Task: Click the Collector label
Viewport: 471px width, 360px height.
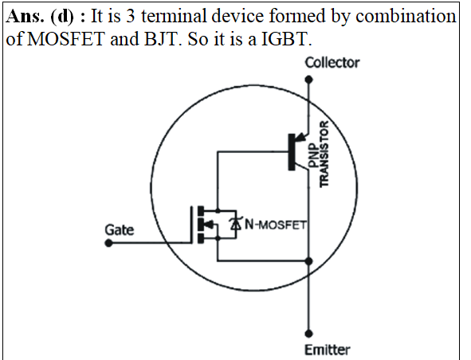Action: click(332, 63)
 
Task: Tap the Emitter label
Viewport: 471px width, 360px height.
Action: click(327, 350)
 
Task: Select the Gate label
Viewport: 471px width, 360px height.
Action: click(120, 230)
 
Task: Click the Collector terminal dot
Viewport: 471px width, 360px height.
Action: click(308, 80)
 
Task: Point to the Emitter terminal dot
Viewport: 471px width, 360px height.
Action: click(308, 333)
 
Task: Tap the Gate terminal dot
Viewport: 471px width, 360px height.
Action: click(108, 243)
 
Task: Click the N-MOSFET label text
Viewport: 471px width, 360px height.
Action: click(276, 225)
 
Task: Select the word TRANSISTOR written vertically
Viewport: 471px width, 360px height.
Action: click(324, 154)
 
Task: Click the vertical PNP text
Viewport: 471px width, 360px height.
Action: click(312, 155)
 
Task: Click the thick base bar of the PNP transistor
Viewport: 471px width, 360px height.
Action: click(292, 152)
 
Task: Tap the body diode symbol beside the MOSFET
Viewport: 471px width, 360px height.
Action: click(236, 224)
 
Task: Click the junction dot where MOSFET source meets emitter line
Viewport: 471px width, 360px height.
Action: click(308, 261)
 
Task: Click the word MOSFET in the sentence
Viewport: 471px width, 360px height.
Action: click(66, 39)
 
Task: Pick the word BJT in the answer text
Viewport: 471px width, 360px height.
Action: click(162, 39)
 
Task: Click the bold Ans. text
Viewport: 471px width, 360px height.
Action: click(25, 16)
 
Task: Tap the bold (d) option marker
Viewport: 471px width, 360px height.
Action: click(62, 16)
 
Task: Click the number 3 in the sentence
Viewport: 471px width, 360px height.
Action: click(130, 16)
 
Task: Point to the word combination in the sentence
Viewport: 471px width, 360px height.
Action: click(406, 16)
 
